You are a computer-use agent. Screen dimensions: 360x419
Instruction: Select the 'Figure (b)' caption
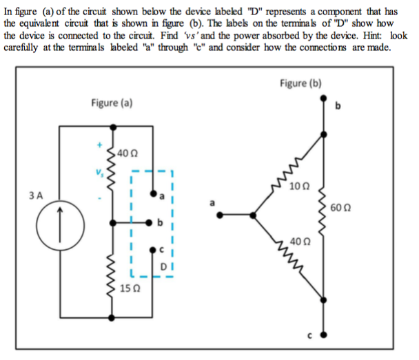[301, 83]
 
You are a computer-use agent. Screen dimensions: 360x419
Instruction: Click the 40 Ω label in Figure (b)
[298, 242]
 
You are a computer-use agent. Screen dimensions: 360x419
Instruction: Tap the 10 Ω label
[300, 186]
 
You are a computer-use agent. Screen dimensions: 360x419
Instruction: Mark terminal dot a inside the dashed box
[154, 195]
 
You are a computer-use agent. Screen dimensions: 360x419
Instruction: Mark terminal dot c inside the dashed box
[154, 252]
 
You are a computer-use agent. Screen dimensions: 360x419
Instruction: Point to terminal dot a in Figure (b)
[220, 215]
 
